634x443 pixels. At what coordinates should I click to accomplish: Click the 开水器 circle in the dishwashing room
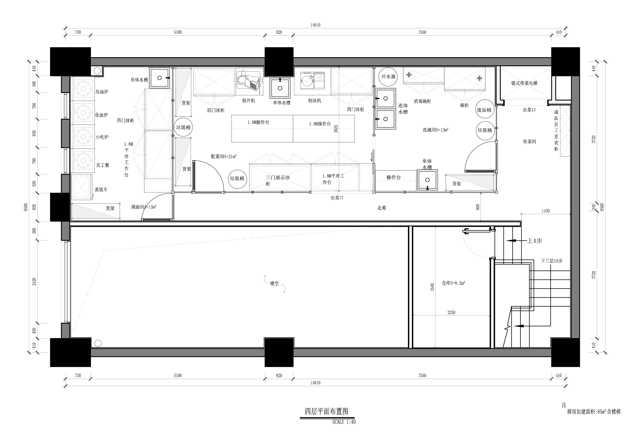pyautogui.click(x=388, y=77)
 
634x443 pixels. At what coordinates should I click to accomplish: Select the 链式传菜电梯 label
pyautogui.click(x=524, y=83)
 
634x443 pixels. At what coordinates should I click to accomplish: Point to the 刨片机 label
pyautogui.click(x=248, y=101)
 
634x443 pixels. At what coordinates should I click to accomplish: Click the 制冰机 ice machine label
pyautogui.click(x=315, y=101)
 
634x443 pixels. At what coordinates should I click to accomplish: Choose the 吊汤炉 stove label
pyautogui.click(x=102, y=92)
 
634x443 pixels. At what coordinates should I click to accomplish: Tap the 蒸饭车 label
pyautogui.click(x=101, y=190)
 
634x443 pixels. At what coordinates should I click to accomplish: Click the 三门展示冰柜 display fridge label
pyautogui.click(x=278, y=181)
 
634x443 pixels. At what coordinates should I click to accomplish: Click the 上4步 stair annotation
pyautogui.click(x=535, y=241)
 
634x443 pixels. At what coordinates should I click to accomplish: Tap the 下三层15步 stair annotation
pyautogui.click(x=551, y=261)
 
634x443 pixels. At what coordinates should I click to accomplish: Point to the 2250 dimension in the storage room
pyautogui.click(x=451, y=313)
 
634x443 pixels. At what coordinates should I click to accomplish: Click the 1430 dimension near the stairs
pyautogui.click(x=546, y=211)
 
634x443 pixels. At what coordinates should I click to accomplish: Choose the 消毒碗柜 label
pyautogui.click(x=422, y=101)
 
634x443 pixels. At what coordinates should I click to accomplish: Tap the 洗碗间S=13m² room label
pyautogui.click(x=435, y=130)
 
